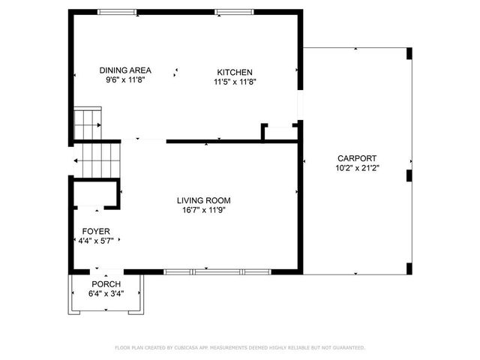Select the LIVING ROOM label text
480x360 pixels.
[x=203, y=200]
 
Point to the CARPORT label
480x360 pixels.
[x=356, y=158]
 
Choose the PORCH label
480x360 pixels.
[x=106, y=284]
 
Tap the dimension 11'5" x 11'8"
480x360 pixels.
[x=235, y=82]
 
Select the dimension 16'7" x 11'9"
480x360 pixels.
[x=203, y=211]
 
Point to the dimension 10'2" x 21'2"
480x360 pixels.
[x=356, y=168]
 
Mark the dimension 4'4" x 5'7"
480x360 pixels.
[x=95, y=241]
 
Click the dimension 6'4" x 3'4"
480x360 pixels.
[x=106, y=294]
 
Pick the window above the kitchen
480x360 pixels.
[x=229, y=11]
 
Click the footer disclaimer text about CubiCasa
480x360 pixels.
[x=239, y=347]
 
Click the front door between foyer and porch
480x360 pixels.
[x=97, y=271]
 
